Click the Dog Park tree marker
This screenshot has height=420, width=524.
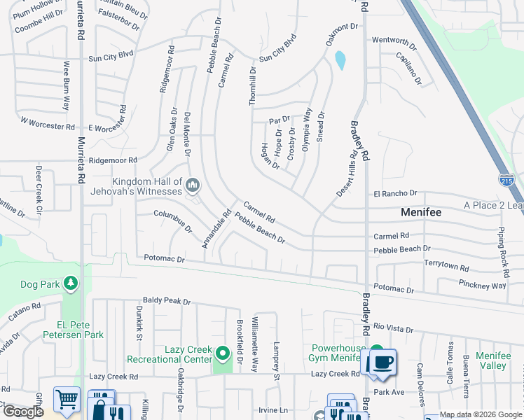point(70,283)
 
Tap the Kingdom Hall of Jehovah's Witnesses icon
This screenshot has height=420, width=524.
point(193,185)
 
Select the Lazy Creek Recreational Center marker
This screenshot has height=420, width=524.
point(223,353)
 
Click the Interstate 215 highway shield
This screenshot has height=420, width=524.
point(506,180)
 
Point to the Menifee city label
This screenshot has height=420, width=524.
point(420,211)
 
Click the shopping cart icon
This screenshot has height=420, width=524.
point(67,399)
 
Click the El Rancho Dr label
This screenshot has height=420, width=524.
point(395,193)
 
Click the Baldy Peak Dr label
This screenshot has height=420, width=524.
point(167,302)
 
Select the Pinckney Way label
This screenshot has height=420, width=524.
point(483,286)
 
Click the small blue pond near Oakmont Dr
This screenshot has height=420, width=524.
point(340,61)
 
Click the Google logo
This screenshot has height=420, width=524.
point(23,412)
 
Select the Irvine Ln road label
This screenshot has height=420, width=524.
point(273,409)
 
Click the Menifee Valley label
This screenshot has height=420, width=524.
point(493,360)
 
